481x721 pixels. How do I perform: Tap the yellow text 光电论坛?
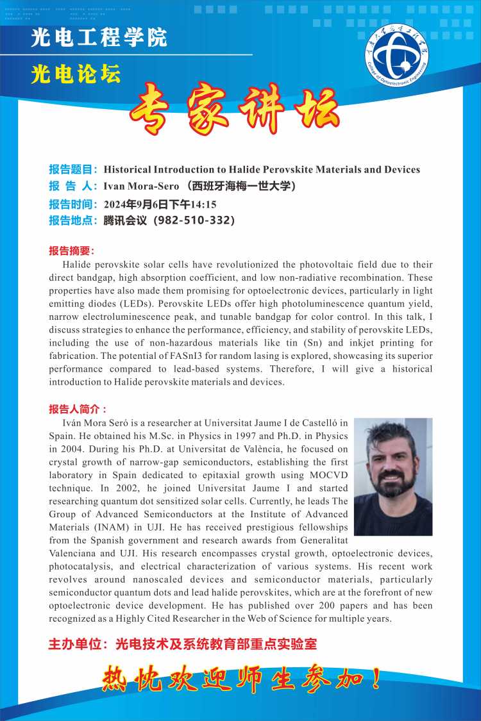pos(76,75)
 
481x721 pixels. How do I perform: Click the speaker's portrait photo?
pos(393,476)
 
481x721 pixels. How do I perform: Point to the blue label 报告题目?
pos(72,170)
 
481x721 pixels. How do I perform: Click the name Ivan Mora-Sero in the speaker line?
pos(137,186)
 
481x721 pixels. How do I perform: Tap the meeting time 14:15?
pos(203,204)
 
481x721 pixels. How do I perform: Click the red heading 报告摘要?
pos(71,250)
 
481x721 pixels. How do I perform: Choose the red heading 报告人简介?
pos(77,409)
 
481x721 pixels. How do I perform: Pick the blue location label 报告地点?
pos(72,221)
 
